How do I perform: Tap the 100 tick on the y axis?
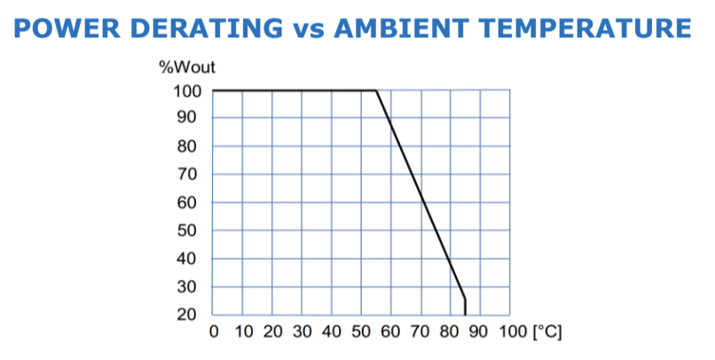(x=188, y=90)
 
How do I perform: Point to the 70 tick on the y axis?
(x=192, y=174)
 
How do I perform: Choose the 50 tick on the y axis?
(x=192, y=231)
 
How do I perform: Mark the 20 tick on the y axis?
(x=192, y=315)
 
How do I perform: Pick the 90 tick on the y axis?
(x=192, y=118)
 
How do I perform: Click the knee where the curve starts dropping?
(x=376, y=90)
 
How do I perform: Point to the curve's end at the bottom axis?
(x=465, y=315)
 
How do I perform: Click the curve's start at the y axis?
(x=214, y=90)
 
